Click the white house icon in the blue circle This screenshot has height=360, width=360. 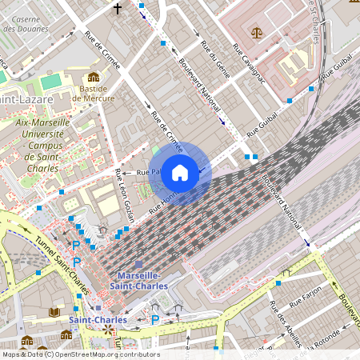click(x=180, y=172)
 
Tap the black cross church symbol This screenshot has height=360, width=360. click(x=118, y=9)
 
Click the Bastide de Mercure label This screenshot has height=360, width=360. click(x=94, y=94)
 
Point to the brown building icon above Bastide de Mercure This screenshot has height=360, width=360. click(x=94, y=78)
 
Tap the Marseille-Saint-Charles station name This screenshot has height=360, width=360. click(x=136, y=280)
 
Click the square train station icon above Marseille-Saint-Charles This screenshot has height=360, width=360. click(x=138, y=264)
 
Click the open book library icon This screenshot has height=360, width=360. click(x=54, y=312)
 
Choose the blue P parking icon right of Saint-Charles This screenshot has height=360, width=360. click(x=155, y=319)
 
